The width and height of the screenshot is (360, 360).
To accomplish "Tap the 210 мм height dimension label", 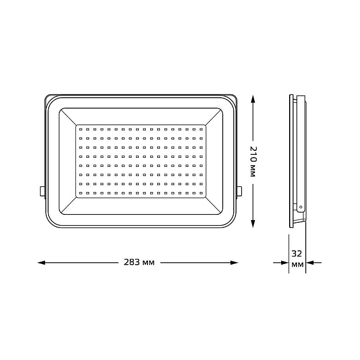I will click(x=253, y=162).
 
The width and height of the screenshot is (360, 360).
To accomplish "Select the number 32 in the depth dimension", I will click(x=297, y=253).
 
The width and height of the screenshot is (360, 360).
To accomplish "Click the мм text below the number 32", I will click(x=297, y=265).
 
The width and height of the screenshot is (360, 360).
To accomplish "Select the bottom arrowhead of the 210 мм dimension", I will click(x=253, y=225).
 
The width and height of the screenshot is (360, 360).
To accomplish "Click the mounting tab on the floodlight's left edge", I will click(x=42, y=191).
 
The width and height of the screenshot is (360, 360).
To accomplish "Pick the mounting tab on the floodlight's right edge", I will click(x=239, y=191).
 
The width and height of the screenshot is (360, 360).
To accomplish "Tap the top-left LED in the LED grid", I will click(x=81, y=130).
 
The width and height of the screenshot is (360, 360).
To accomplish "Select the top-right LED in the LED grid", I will click(x=201, y=130).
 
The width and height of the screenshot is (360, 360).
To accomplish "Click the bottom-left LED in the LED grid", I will click(x=81, y=193).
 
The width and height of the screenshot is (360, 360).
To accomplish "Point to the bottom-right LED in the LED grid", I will click(x=201, y=193).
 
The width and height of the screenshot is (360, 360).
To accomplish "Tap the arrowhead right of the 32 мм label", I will click(x=309, y=263).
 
